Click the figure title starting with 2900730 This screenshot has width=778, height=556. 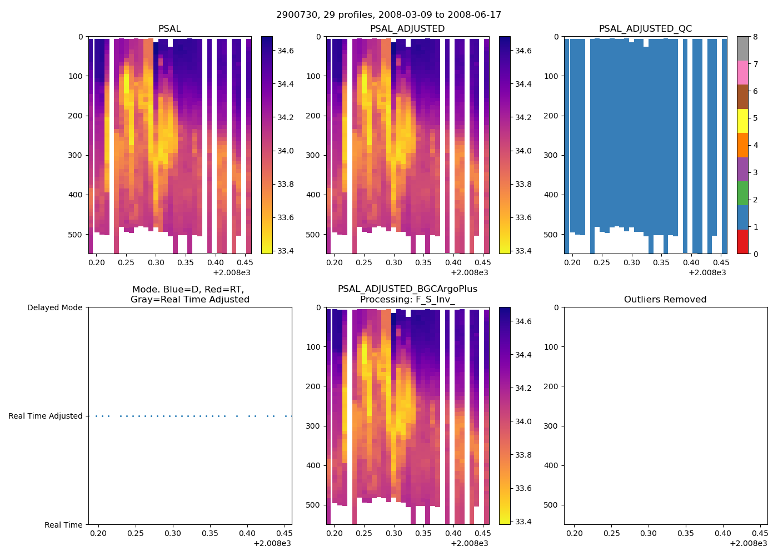[388, 15]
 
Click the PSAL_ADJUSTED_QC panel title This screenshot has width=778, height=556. [645, 29]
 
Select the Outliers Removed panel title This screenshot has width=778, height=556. [665, 300]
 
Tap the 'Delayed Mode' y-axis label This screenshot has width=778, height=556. [54, 307]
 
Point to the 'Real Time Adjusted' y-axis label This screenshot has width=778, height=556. [46, 416]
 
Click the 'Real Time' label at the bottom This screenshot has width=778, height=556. [63, 525]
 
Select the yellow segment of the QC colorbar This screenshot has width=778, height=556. [742, 121]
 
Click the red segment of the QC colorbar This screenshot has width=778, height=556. [742, 242]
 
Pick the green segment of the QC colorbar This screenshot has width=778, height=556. [742, 193]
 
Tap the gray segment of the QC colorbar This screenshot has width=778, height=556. [742, 48]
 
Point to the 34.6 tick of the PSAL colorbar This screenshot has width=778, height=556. [286, 51]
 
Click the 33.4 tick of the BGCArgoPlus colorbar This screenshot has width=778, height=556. [523, 522]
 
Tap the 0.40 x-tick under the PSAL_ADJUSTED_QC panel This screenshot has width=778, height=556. [691, 263]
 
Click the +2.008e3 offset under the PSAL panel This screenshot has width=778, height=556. [232, 272]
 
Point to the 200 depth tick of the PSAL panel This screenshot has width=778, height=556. [76, 116]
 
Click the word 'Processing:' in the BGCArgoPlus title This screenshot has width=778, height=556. [383, 300]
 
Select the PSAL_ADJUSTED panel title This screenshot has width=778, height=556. [407, 29]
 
